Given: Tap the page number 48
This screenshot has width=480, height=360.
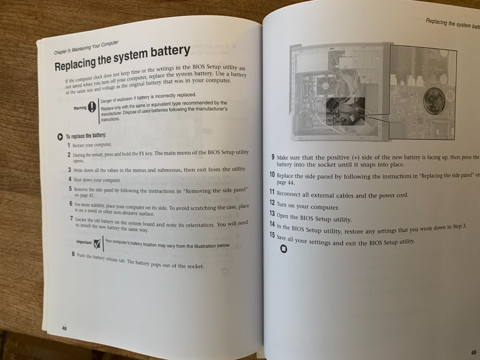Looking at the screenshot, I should (x=64, y=328).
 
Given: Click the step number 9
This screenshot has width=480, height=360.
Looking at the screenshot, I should (x=273, y=157).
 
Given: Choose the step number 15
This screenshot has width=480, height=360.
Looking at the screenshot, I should (x=272, y=236).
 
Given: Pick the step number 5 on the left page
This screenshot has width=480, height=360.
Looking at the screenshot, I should (x=70, y=189).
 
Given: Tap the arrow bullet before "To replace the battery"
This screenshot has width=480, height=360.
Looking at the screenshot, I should (x=59, y=136).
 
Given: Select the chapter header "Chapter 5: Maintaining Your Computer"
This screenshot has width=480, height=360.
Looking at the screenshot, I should (x=86, y=47).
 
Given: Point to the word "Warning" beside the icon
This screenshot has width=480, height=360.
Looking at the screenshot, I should (x=80, y=108).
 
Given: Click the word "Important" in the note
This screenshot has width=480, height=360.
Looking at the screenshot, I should (x=84, y=241).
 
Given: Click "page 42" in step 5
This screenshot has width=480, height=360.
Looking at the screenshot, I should (x=84, y=196).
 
